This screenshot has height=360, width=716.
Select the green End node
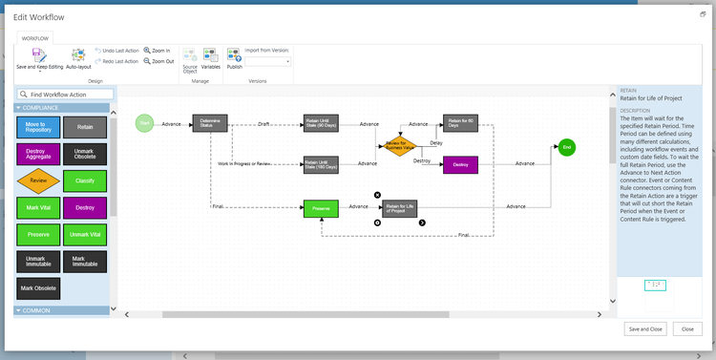(x=566, y=148)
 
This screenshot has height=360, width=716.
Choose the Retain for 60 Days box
(x=460, y=123)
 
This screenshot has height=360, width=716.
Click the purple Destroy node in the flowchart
(x=460, y=164)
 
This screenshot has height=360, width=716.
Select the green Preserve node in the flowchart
(x=322, y=207)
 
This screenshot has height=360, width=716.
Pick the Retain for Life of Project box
(x=399, y=207)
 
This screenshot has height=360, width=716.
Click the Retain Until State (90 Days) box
(x=321, y=123)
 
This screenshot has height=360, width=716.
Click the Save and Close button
(x=644, y=328)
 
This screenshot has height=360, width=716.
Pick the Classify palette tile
(x=85, y=180)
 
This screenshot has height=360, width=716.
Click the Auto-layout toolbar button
(x=77, y=58)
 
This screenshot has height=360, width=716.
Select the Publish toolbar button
(x=234, y=58)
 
